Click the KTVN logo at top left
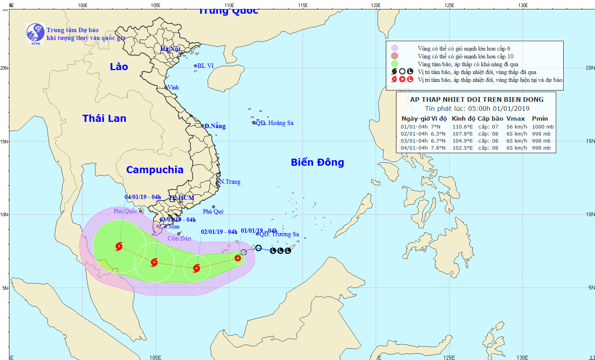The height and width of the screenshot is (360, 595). pyautogui.click(x=35, y=33)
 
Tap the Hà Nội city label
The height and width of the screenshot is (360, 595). pyautogui.click(x=170, y=49)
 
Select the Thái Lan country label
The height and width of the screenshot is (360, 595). pyautogui.click(x=104, y=118)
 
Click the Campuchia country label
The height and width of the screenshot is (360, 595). pyautogui.click(x=155, y=170)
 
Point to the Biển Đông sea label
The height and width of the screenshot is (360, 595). pyautogui.click(x=317, y=162)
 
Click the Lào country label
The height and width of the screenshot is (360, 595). pyautogui.click(x=119, y=67)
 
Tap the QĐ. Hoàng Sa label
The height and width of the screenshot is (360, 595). pyautogui.click(x=275, y=123)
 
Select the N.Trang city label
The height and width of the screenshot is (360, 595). pyautogui.click(x=230, y=182)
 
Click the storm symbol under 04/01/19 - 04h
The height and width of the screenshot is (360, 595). pyautogui.click(x=119, y=246)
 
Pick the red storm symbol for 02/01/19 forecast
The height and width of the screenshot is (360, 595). pyautogui.click(x=197, y=268)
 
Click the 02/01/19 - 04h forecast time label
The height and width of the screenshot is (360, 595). pyautogui.click(x=219, y=232)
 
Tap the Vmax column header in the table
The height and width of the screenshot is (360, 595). pyautogui.click(x=515, y=119)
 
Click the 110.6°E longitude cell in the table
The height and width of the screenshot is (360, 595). pyautogui.click(x=463, y=127)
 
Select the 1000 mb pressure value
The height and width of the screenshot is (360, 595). pyautogui.click(x=543, y=127)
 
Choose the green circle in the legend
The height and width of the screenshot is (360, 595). pyautogui.click(x=394, y=64)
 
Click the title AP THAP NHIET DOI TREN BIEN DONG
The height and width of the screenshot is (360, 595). pyautogui.click(x=477, y=99)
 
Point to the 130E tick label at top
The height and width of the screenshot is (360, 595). pyautogui.click(x=523, y=5)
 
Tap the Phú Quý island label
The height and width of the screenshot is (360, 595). pyautogui.click(x=213, y=212)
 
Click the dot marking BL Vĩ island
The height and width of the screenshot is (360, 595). pyautogui.click(x=195, y=66)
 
